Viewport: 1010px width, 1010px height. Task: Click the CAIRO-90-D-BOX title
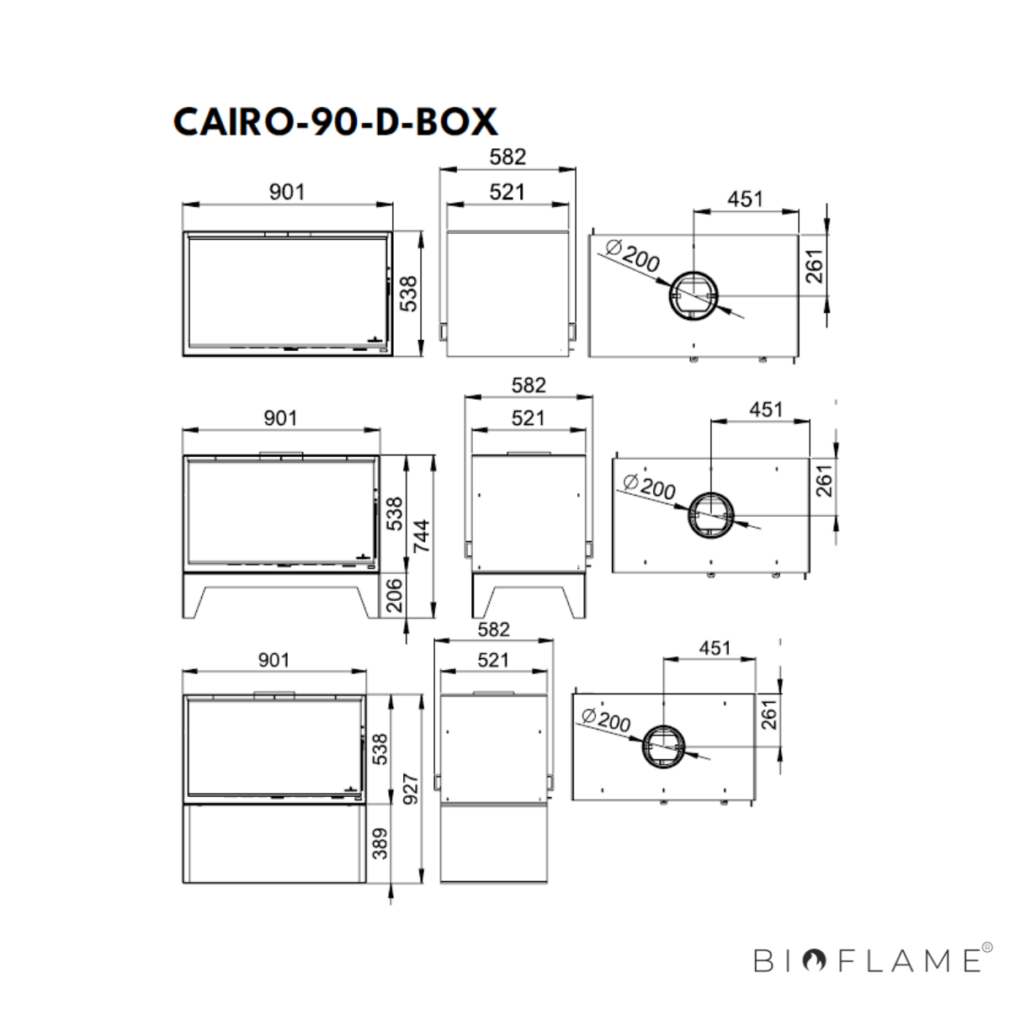pyautogui.click(x=335, y=122)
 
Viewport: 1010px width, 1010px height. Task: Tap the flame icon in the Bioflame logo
pyautogui.click(x=815, y=960)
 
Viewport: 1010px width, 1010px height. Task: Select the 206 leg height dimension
pyautogui.click(x=394, y=595)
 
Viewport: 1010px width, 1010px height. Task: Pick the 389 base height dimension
pyautogui.click(x=380, y=843)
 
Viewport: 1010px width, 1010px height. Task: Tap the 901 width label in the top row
pyautogui.click(x=287, y=192)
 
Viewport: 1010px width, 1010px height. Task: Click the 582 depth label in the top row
pyautogui.click(x=508, y=157)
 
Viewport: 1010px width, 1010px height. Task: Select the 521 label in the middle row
pyautogui.click(x=529, y=417)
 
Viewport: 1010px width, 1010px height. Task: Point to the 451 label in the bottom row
pyautogui.click(x=715, y=648)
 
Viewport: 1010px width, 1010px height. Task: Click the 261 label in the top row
pyautogui.click(x=815, y=266)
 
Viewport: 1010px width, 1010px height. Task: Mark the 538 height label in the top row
pyautogui.click(x=408, y=293)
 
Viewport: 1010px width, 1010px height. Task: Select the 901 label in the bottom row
pyautogui.click(x=274, y=660)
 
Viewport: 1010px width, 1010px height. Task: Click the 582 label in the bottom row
pyautogui.click(x=493, y=629)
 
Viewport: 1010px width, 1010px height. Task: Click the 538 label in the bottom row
pyautogui.click(x=380, y=749)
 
